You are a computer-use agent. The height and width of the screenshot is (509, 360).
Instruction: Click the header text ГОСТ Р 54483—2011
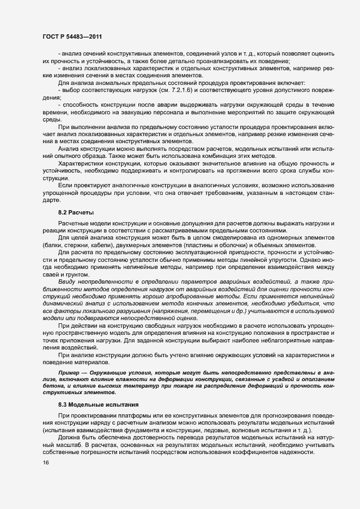(72, 36)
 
